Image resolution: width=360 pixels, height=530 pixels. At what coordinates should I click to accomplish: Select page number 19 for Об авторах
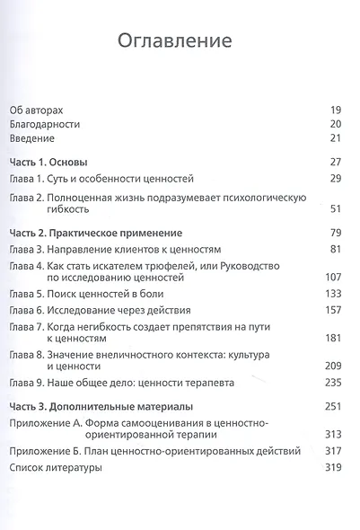338,107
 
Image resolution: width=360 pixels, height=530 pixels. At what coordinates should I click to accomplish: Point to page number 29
338,179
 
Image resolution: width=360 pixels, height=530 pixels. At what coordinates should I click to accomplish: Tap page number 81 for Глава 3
338,248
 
